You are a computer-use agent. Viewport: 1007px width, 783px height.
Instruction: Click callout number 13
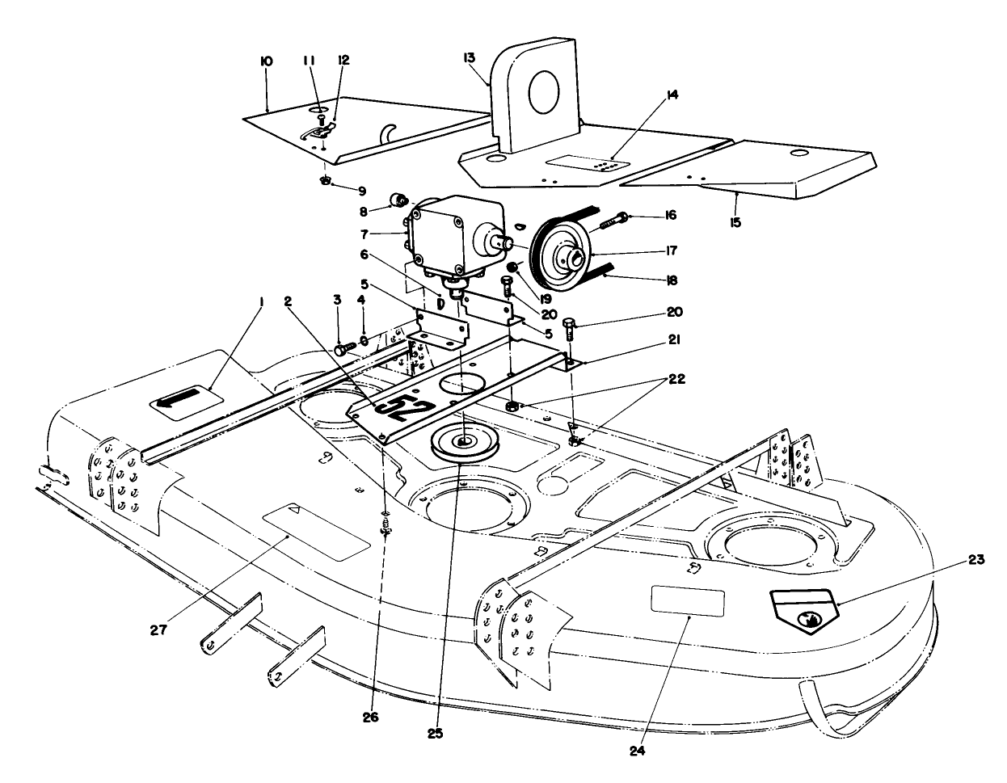(x=470, y=57)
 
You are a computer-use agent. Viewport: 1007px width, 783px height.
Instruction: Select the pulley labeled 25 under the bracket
(x=464, y=442)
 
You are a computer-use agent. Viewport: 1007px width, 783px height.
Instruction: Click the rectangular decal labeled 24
(x=688, y=603)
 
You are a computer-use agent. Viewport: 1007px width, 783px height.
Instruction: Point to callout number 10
(x=267, y=61)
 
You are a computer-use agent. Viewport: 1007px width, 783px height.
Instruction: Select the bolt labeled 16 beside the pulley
(x=621, y=217)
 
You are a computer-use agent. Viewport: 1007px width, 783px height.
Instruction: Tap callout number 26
(x=370, y=715)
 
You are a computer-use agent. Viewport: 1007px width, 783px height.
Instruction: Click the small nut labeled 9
(x=326, y=181)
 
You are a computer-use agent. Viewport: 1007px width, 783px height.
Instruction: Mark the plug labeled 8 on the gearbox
(x=398, y=200)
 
